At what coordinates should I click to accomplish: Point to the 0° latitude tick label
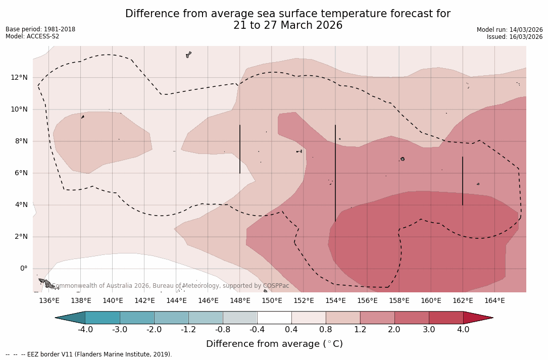24,269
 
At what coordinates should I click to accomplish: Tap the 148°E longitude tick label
240,301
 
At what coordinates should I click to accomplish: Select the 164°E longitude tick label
494,301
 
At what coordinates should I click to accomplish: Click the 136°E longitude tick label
49,301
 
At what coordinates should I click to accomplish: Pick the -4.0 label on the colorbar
85,330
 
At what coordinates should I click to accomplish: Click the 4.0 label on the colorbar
463,330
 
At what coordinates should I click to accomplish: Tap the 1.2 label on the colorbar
360,330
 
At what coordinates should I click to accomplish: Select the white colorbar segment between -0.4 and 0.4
274,318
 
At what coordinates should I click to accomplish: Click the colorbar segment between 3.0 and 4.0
446,318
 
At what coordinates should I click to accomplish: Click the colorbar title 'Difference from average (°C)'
274,344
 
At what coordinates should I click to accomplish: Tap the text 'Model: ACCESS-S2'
32,36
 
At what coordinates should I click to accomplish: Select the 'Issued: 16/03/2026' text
515,37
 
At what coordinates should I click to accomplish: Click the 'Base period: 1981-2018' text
40,29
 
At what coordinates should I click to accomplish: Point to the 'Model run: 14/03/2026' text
510,30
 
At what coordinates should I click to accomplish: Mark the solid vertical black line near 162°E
463,181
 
